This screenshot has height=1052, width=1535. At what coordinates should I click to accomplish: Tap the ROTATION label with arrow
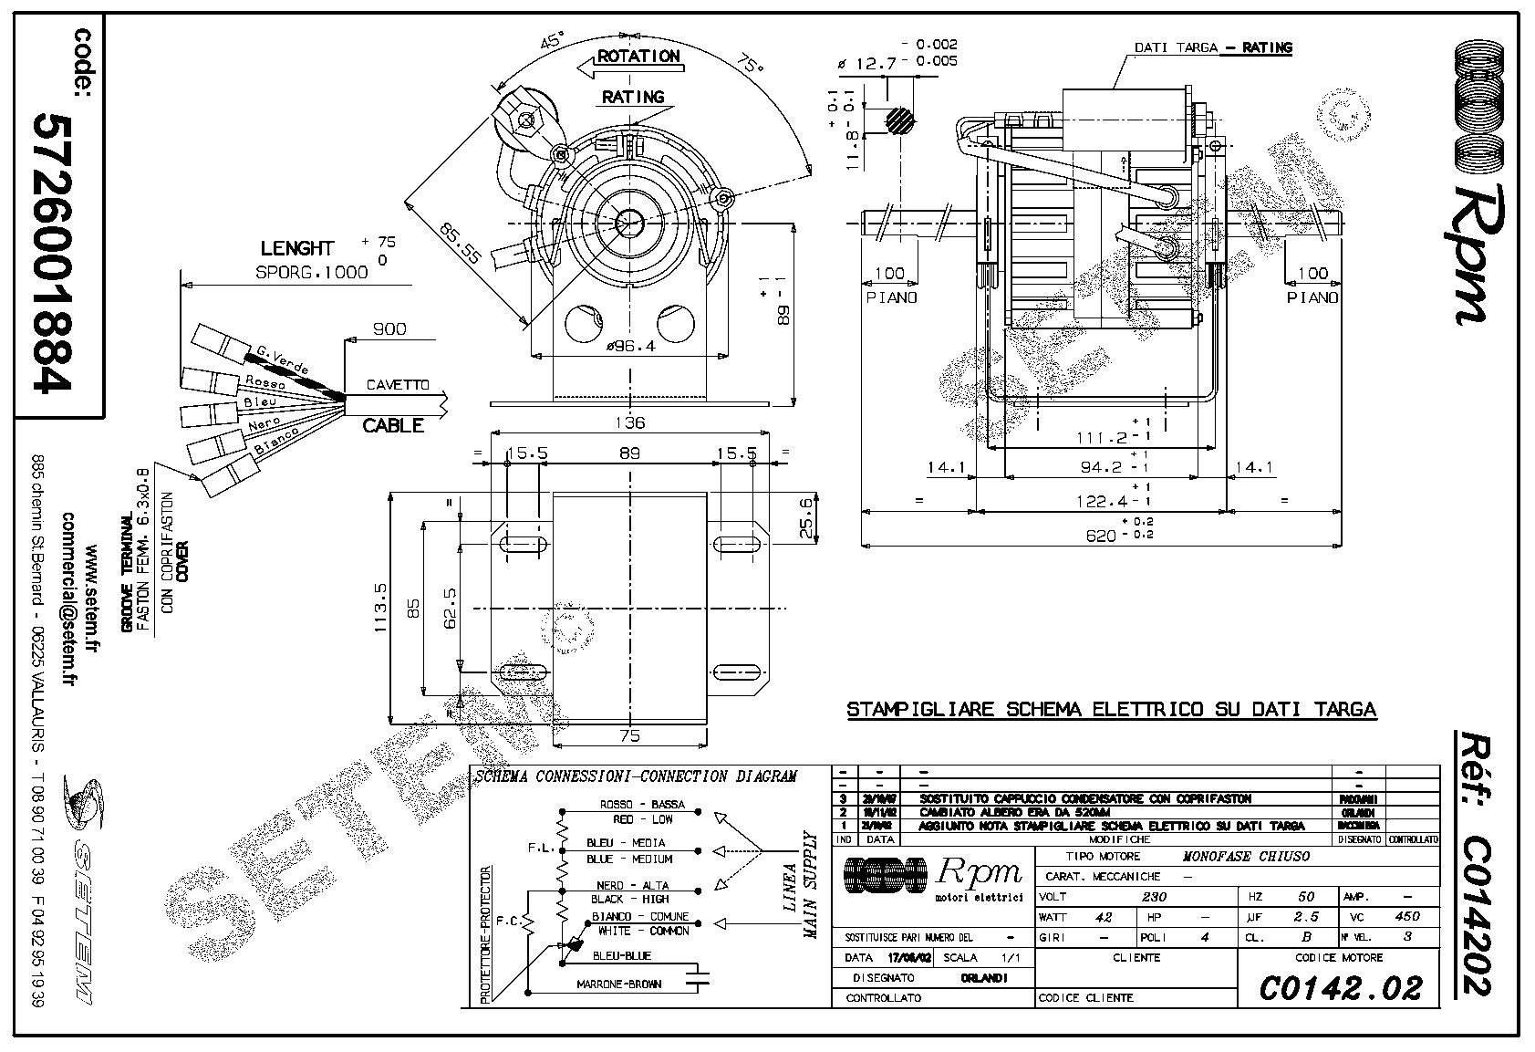[638, 57]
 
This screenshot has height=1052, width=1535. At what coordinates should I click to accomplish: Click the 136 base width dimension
[629, 422]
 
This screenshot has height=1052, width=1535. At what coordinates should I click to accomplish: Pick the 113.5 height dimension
[380, 607]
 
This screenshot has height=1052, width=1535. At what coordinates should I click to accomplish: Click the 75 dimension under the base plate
[629, 735]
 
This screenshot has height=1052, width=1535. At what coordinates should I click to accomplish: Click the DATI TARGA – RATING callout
[1212, 47]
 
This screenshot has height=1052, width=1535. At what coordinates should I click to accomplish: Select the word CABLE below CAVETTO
[393, 425]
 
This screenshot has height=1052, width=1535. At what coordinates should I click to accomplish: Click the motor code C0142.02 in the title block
[1340, 988]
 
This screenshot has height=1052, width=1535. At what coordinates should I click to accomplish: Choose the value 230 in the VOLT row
[1154, 897]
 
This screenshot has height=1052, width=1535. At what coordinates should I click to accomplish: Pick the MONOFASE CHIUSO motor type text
[1245, 857]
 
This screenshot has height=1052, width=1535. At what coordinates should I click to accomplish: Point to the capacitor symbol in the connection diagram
[700, 976]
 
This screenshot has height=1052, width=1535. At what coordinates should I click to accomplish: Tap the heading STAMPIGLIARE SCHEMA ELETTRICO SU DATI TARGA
[1111, 709]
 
